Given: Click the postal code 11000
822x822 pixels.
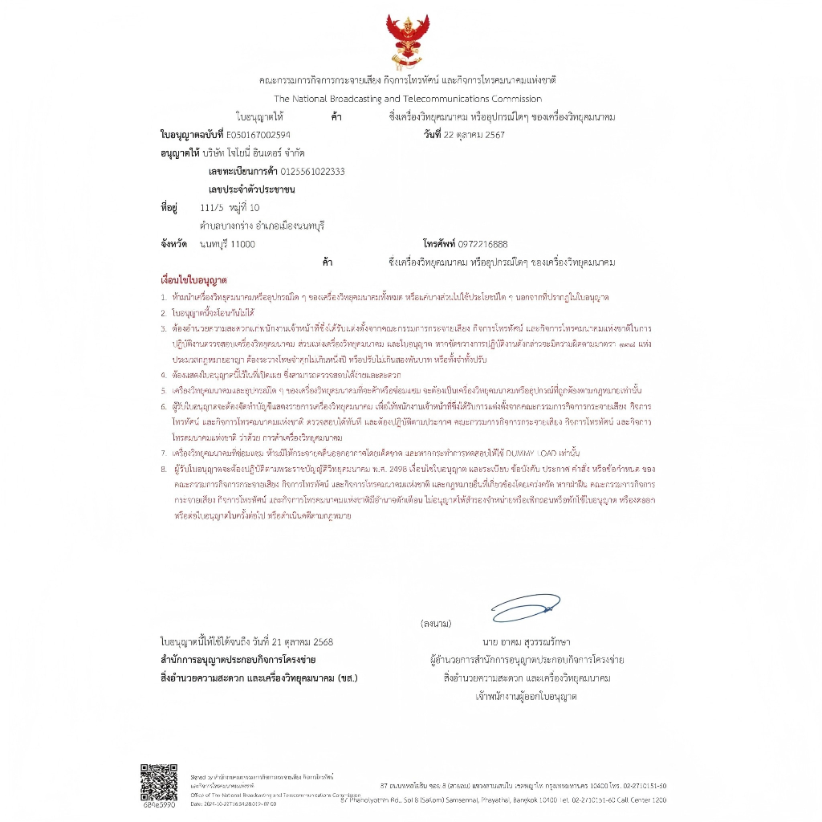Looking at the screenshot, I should [x=242, y=244].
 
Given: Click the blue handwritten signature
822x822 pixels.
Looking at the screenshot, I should [x=525, y=608].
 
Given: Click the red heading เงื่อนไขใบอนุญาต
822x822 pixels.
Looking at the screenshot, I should [x=194, y=281].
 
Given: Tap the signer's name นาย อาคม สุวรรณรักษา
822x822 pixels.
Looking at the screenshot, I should [x=527, y=642].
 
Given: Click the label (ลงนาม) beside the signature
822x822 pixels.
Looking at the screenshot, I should [x=436, y=624].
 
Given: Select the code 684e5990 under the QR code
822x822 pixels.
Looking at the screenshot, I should [x=159, y=804].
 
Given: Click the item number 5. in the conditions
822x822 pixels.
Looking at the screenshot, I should [x=163, y=390].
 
